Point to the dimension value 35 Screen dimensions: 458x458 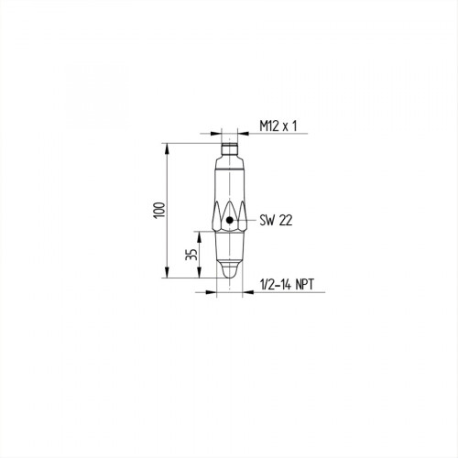191,253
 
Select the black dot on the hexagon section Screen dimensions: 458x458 228,220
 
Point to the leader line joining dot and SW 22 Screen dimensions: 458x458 245,220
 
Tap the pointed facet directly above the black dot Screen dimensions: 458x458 228,207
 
